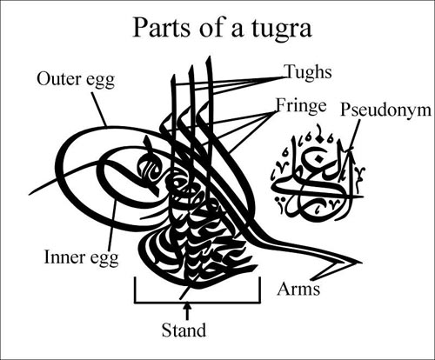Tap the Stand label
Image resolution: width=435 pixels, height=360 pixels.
pos(184,330)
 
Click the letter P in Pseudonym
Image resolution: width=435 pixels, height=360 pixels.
pos(346,110)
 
